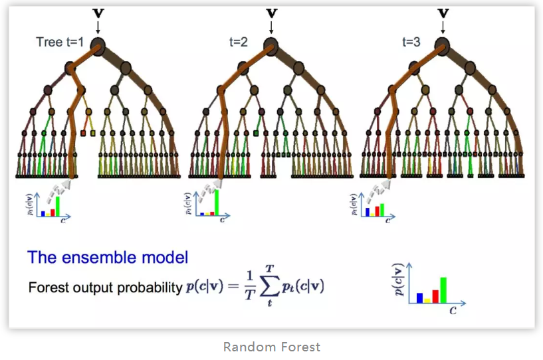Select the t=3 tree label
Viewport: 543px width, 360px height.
411,41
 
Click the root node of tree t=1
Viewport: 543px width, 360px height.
98,46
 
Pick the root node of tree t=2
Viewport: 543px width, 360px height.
271,45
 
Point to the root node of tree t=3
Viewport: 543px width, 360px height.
443,45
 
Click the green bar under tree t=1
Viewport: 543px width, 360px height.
58,206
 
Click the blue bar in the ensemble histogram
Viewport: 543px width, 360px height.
419,298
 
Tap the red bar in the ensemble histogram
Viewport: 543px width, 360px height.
435,296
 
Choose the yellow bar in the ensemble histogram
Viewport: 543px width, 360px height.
427,300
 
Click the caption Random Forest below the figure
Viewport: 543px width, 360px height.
271,347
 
